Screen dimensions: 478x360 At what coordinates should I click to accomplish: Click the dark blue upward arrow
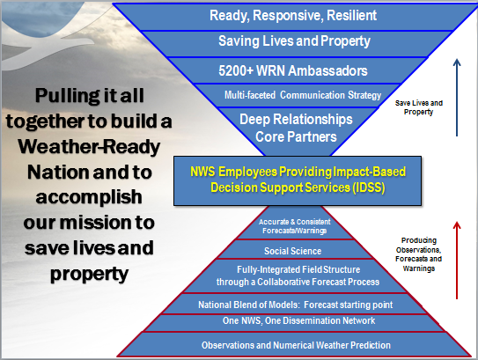pyautogui.click(x=457, y=98)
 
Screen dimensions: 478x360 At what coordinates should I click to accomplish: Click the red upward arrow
pyautogui.click(x=457, y=261)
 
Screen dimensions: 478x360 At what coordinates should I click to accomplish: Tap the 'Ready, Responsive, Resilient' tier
pyautogui.click(x=293, y=16)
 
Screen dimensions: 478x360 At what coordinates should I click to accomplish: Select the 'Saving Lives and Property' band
pyautogui.click(x=294, y=41)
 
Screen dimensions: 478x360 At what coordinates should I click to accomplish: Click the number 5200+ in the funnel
pyautogui.click(x=236, y=70)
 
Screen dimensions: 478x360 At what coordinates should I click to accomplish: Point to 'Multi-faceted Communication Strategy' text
pyautogui.click(x=303, y=95)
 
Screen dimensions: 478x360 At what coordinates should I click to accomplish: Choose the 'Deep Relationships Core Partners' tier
pyautogui.click(x=296, y=128)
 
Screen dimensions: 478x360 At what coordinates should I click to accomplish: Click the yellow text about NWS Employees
pyautogui.click(x=298, y=180)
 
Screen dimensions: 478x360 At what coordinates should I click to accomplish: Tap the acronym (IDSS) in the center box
pyautogui.click(x=369, y=187)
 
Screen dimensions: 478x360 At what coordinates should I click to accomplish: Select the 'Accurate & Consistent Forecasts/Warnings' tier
pyautogui.click(x=295, y=226)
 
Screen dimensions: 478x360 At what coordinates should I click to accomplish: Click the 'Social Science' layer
pyautogui.click(x=292, y=251)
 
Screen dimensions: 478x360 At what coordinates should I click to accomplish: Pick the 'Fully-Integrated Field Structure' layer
pyautogui.click(x=298, y=276)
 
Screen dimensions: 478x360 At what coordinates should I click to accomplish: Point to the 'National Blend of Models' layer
pyautogui.click(x=296, y=305)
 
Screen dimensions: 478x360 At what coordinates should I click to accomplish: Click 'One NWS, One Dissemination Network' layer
pyautogui.click(x=298, y=320)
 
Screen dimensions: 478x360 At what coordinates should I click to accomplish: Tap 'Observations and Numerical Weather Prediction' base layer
pyautogui.click(x=296, y=345)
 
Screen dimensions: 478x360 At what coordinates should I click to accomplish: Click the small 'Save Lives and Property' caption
pyautogui.click(x=418, y=107)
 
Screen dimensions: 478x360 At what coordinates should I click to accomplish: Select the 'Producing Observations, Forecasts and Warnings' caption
pyautogui.click(x=418, y=254)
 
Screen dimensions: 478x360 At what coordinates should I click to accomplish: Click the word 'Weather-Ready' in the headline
pyautogui.click(x=89, y=147)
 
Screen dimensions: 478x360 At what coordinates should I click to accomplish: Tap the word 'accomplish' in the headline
pyautogui.click(x=89, y=197)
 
